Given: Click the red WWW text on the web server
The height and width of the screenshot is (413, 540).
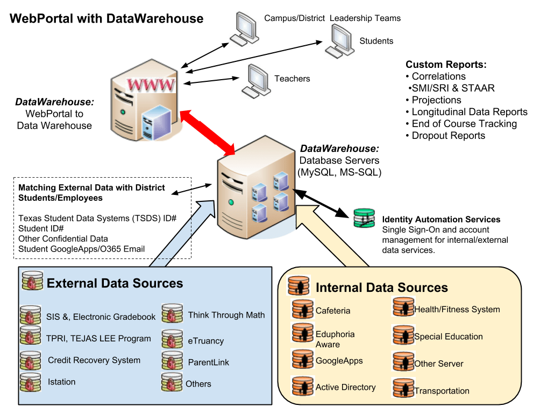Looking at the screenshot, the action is pos(151,85).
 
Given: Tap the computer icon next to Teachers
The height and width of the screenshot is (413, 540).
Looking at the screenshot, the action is pos(256,81).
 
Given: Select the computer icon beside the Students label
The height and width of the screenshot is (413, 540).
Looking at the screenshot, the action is pos(339,41).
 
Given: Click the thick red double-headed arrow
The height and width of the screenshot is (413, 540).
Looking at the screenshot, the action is pos(207,132).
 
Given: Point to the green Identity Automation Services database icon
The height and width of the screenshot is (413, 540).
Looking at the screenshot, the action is pos(364,218).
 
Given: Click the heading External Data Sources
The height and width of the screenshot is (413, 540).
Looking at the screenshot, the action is pos(115,283).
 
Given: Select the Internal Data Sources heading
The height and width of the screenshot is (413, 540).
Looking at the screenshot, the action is pos(381,288).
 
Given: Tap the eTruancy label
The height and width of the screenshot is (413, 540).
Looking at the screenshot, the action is pos(205,341).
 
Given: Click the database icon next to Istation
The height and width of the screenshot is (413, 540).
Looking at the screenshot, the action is pos(31,382).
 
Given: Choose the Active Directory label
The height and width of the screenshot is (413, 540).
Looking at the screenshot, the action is pos(345,387).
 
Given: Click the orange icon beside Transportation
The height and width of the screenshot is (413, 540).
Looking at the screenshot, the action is pos(403,388).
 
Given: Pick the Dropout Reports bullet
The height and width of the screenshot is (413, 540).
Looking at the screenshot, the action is pos(445,136).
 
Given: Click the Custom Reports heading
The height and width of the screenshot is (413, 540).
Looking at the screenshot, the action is pos(446,65).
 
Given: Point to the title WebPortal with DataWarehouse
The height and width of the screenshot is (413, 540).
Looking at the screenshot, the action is pos(106,18).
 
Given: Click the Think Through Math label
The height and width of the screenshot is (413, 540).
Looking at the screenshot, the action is pos(226,315).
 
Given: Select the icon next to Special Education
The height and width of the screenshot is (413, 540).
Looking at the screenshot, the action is pos(403,334).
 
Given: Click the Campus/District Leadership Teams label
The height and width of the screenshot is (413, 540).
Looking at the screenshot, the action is pos(332,18).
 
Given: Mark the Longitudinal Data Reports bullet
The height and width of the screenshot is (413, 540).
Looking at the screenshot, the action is pos(467,112).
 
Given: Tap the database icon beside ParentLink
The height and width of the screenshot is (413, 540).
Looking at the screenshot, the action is pos(172,361).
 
